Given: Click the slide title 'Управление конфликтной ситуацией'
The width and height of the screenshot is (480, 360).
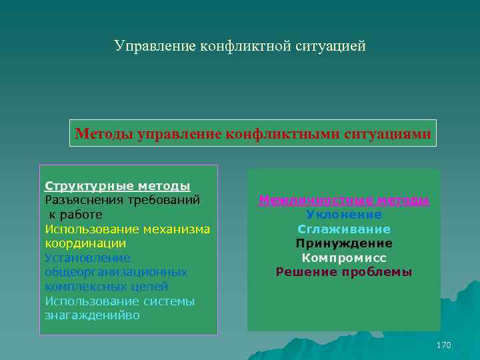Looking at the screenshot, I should coord(239,46).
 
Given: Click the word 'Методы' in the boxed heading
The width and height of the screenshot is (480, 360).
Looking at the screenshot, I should coord(104,134).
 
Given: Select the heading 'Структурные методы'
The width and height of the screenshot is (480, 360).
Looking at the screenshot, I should coord(117,185).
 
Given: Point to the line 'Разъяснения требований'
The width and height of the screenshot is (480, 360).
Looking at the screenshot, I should coord(123,200).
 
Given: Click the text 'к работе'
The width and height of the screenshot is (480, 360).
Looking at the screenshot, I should coord(75,215).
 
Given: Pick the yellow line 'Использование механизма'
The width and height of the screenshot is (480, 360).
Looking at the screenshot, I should coord(127,229).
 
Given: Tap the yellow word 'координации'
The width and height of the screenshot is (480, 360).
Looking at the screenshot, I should coord(85,243).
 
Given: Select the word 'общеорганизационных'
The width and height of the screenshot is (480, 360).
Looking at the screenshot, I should coord(116,272).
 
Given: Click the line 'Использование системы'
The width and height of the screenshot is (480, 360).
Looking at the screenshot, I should coord(120,301).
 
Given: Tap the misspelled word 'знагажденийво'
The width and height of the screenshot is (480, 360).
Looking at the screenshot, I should coord(93,315).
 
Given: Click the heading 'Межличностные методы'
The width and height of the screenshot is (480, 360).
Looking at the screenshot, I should coord(344,200).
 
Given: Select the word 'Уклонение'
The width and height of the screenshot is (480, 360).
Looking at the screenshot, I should coord(344,215).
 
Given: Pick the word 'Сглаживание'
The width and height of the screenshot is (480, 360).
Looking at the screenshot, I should coord(344,229).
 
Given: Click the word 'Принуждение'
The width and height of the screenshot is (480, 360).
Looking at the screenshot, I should coord(344,243).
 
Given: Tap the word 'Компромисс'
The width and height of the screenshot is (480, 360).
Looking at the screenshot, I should coord(344,258).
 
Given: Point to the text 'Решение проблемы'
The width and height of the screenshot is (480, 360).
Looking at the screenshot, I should coord(344,272).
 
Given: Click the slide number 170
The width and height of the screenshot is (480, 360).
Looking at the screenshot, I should coord(443,345).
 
